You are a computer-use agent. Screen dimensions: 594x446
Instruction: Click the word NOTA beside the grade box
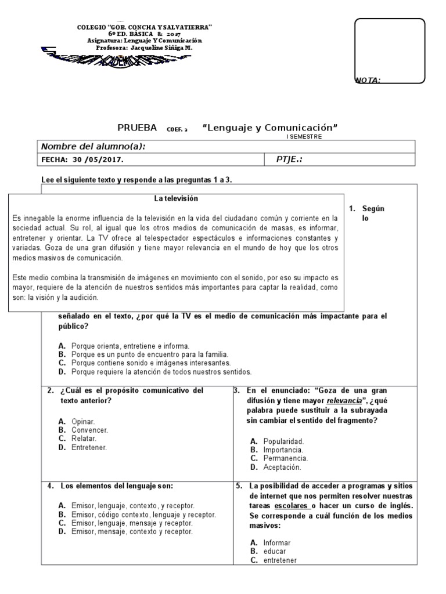[368, 81]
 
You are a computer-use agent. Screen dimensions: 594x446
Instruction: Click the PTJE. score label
[289, 160]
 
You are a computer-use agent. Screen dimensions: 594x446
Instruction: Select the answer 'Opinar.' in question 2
[84, 421]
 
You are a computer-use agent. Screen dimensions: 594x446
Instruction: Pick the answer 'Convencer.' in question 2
[89, 430]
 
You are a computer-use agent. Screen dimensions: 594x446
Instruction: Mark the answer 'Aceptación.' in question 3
[282, 467]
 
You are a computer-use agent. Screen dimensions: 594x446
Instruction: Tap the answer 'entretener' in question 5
[280, 560]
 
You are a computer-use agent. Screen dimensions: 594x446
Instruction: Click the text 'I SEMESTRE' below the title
[304, 136]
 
